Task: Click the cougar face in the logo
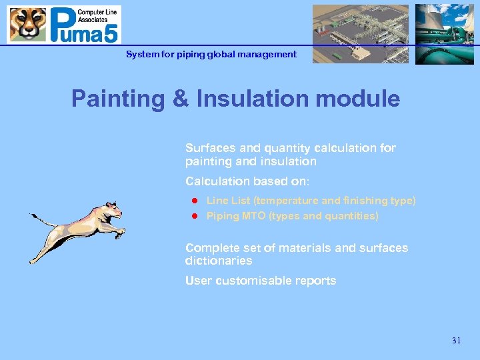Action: (27, 25)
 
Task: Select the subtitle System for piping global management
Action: (211, 55)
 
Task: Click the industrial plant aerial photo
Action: (361, 34)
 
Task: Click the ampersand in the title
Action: (178, 99)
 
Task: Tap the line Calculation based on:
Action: (247, 181)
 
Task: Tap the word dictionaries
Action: (219, 261)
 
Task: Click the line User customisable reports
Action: (261, 281)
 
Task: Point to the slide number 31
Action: (456, 341)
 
